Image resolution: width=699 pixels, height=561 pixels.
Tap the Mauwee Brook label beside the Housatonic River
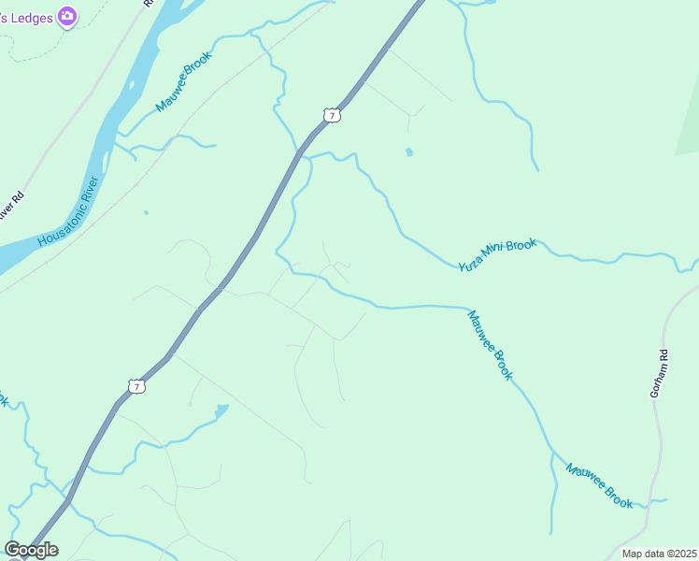coord(184,82)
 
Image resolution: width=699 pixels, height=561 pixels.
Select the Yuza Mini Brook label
coord(497,254)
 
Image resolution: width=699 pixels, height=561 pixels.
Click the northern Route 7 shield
coord(331,115)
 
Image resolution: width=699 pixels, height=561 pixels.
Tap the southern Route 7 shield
coord(136,386)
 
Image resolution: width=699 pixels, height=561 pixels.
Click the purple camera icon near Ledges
coord(67,16)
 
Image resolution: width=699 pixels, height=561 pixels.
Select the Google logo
coord(31,550)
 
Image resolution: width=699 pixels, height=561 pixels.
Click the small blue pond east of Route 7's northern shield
coord(408,151)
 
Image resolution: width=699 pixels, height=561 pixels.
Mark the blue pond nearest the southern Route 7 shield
coord(221,410)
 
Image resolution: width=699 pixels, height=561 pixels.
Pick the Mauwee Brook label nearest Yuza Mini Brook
coord(491,345)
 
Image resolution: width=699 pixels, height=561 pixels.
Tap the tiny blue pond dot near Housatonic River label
coord(146,212)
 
